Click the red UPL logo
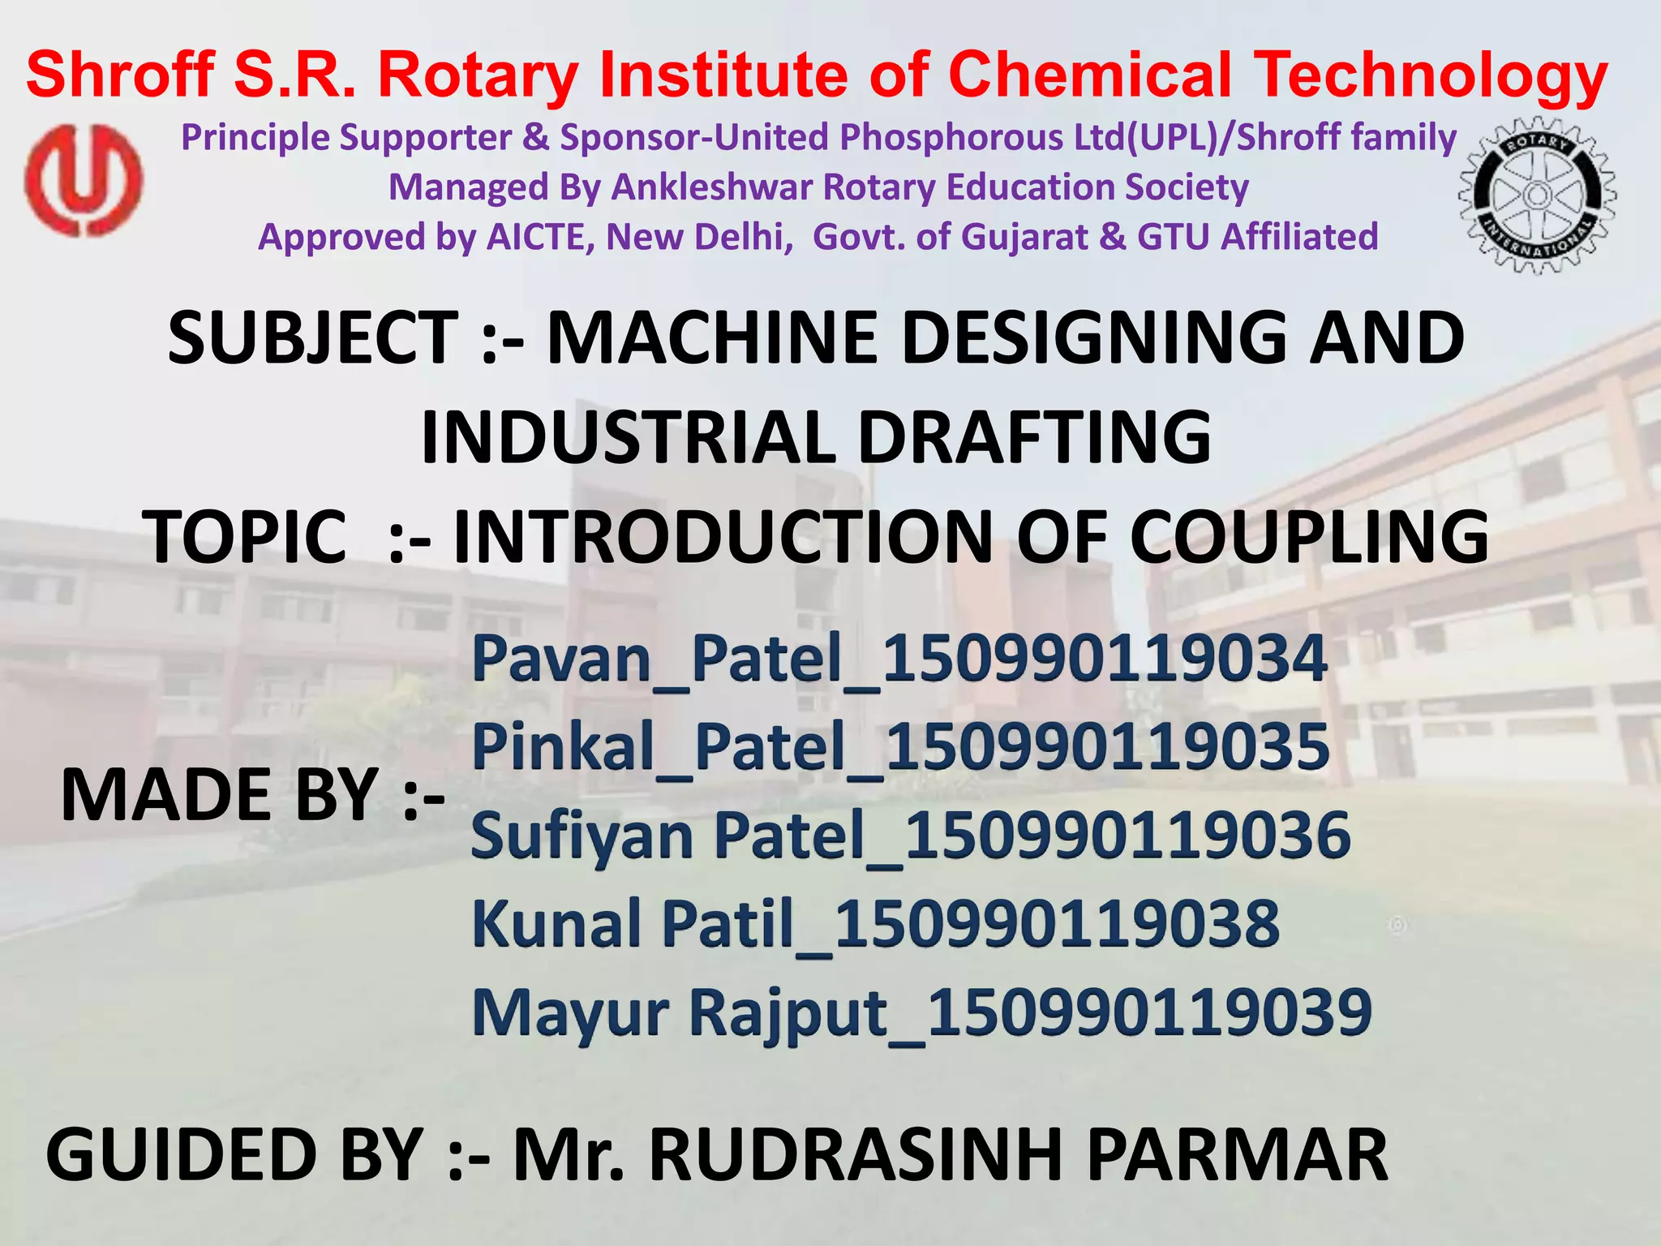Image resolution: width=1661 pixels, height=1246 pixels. (84, 180)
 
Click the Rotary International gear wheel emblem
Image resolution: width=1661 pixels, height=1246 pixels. (1536, 195)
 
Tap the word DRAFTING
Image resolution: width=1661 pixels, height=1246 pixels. (1035, 437)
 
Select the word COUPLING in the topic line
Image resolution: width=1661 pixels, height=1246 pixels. (1309, 536)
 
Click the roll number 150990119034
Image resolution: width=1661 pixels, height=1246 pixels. (1104, 658)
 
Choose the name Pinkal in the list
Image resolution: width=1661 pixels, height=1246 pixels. (562, 745)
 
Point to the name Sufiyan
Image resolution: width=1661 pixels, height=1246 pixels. (582, 836)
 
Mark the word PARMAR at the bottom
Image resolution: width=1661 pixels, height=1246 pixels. (1238, 1155)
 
